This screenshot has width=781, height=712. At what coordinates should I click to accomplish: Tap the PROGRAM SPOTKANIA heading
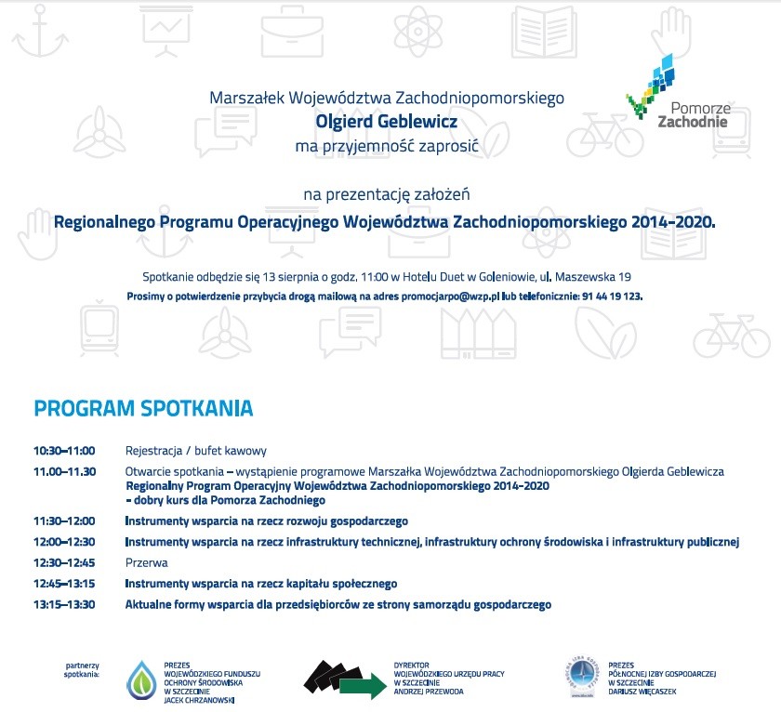(x=143, y=408)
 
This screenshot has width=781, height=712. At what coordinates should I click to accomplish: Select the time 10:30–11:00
(x=64, y=451)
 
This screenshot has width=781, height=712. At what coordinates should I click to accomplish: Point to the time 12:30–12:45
(x=64, y=562)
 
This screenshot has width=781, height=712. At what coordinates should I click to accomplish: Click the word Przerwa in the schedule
(x=146, y=562)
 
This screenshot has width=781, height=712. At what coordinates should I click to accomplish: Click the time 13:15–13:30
(x=64, y=604)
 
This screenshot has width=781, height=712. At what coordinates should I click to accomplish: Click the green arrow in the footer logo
(x=363, y=687)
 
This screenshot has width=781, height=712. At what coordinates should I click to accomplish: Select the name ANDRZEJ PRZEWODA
(x=429, y=692)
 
